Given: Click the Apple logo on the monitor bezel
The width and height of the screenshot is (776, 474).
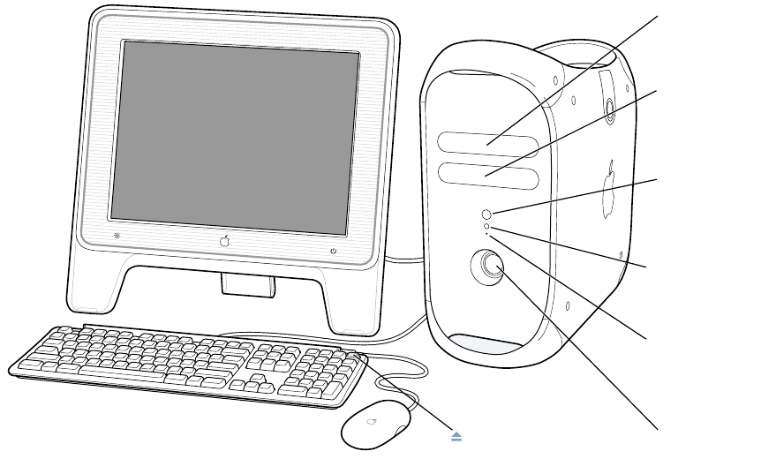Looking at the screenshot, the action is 225,241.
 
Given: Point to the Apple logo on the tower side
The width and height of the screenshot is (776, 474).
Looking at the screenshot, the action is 610,188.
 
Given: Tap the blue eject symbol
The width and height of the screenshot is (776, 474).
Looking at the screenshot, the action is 456,437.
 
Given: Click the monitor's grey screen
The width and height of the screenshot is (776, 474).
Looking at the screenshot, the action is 235,132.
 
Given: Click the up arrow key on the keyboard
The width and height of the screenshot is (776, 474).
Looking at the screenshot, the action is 258,378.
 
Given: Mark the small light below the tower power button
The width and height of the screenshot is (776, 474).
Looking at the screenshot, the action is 487,227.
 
